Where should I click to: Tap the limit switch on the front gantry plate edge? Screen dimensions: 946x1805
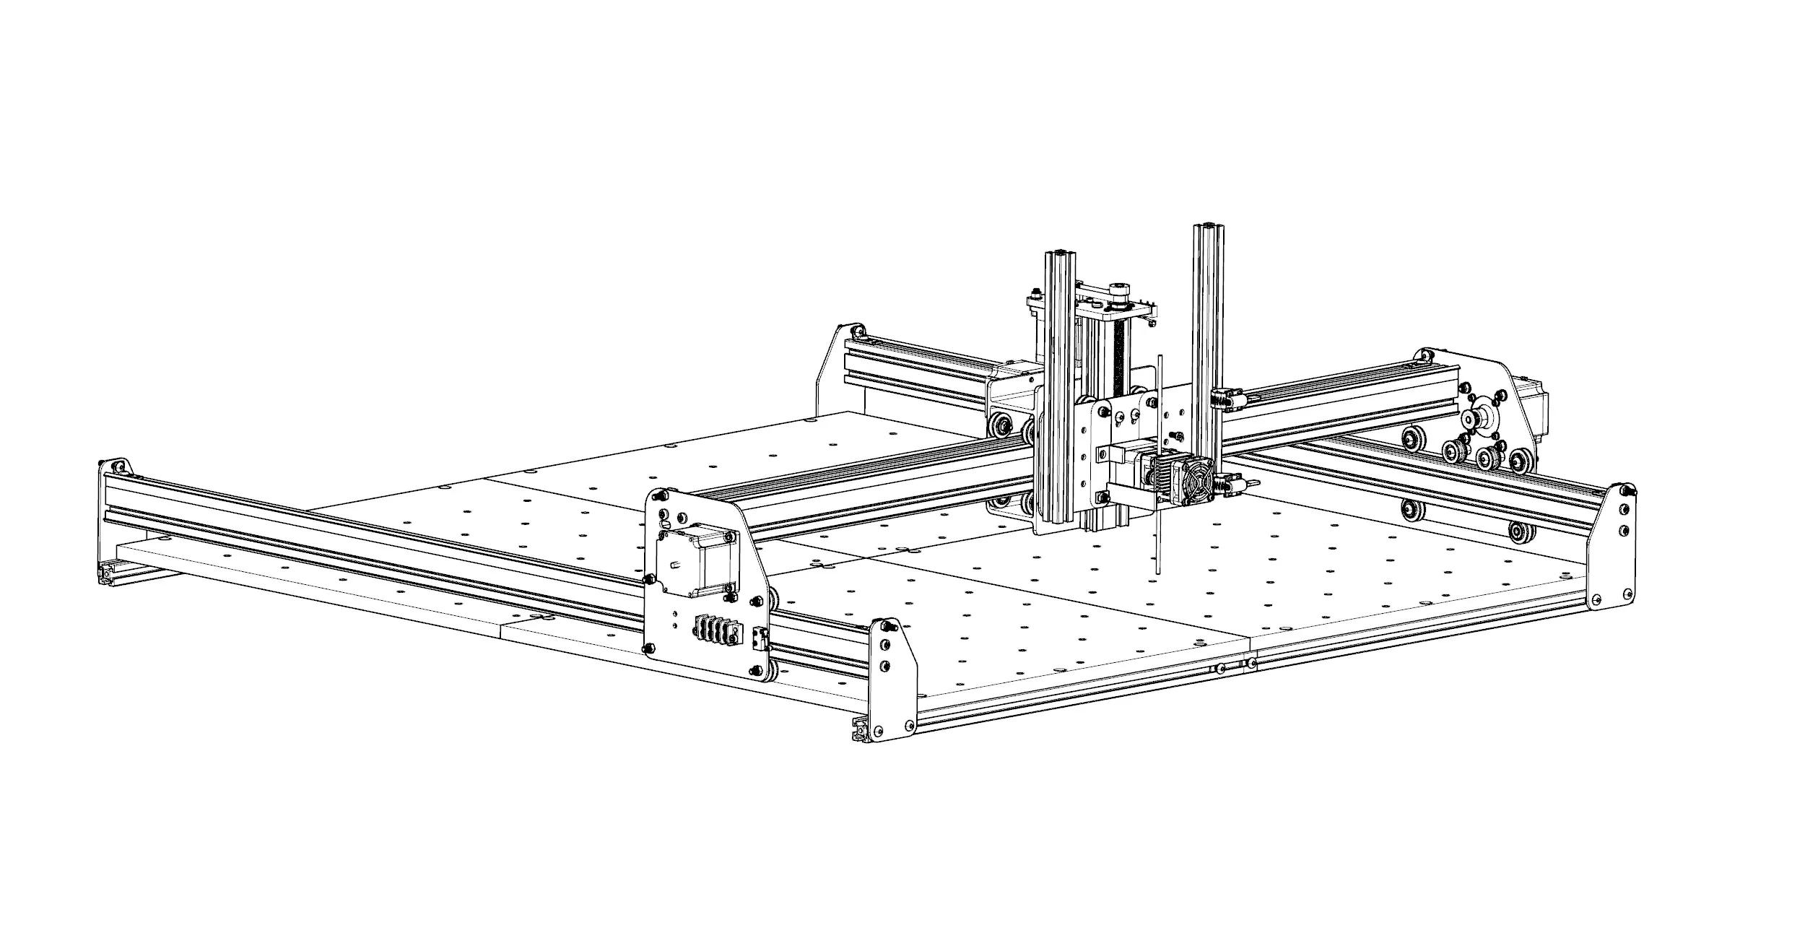[757, 638]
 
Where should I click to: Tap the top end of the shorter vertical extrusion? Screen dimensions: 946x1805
[1061, 255]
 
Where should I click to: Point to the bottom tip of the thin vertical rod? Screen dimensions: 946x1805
[1157, 572]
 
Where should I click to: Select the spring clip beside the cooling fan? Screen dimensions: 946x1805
[1227, 485]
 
